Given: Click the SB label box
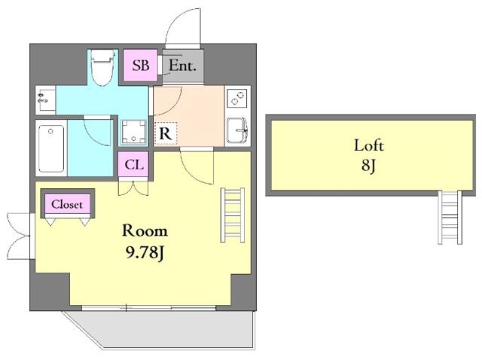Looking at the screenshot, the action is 141,66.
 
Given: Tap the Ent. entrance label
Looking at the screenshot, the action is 182,66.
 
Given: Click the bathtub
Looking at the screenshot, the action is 51,148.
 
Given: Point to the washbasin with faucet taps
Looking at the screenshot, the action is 45,99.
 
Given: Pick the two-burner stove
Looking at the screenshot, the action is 237,98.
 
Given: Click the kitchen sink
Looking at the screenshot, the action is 237,130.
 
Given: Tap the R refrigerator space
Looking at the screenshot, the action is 166,133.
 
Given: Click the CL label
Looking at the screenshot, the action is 134,165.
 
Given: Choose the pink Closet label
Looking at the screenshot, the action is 67,204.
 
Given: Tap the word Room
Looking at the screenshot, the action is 145,230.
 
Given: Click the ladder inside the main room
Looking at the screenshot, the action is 233,215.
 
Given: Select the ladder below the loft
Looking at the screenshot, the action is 450,218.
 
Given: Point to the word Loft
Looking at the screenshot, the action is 368,145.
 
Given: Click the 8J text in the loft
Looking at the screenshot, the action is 368,166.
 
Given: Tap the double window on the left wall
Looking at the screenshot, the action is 19,236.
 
